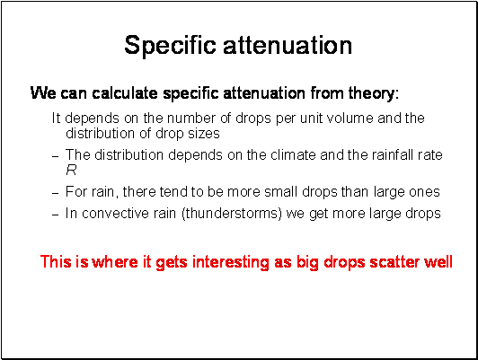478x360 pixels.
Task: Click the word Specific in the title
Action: pos(170,46)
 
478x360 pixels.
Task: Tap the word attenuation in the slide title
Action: pos(288,45)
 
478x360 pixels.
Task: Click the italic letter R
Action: pos(71,170)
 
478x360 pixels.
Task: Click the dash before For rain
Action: pos(55,193)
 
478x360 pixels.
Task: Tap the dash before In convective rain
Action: pos(55,215)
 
